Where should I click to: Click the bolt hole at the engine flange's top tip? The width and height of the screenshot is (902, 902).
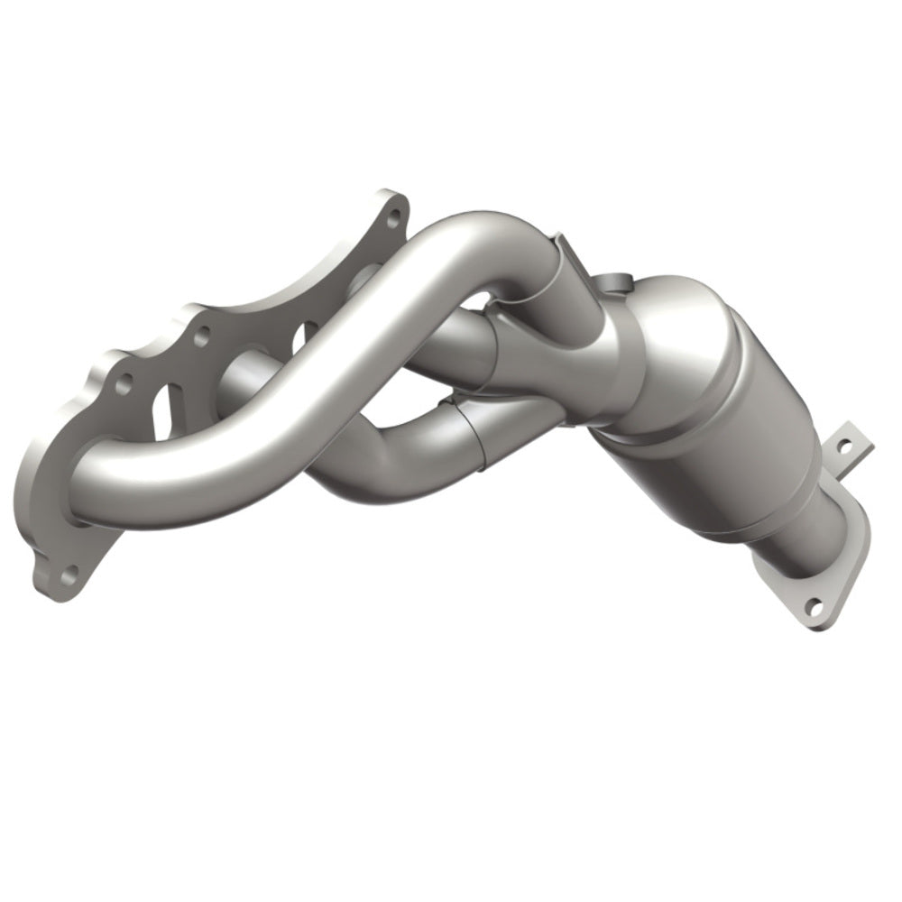coord(394,217)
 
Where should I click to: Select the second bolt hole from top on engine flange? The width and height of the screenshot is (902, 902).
coord(202,336)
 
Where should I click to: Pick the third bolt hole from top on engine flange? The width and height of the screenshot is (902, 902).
coord(124,382)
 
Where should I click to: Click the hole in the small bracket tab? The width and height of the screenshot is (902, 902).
coord(845,446)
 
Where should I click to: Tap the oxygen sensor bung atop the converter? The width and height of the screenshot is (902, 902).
coord(615,282)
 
